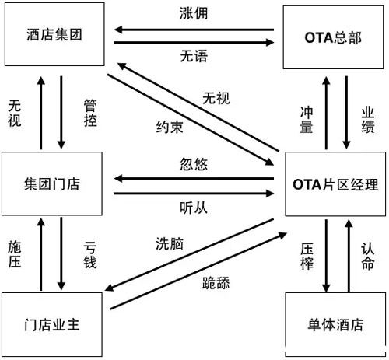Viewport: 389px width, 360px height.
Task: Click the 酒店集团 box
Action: pos(54,35)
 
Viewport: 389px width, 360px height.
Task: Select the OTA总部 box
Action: pos(334,36)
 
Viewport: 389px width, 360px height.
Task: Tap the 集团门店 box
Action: pos(54,184)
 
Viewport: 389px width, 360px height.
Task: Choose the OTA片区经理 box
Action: pos(335,184)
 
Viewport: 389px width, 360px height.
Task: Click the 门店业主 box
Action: pos(54,325)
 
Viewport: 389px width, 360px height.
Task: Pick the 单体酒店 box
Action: pos(335,325)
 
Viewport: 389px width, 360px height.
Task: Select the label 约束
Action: pos(170,128)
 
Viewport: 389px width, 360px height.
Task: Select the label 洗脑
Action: pos(169,242)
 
